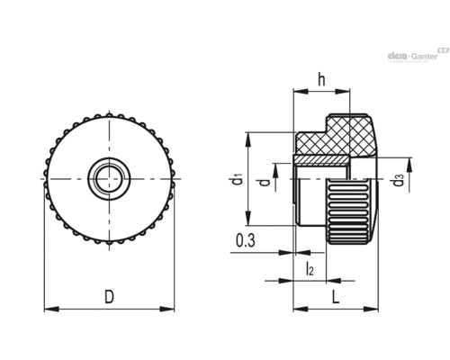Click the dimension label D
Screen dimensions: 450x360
pyautogui.click(x=109, y=297)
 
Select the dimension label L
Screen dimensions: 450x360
pyautogui.click(x=336, y=297)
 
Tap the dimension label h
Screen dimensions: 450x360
pyautogui.click(x=321, y=79)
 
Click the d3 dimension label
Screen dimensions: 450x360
pyautogui.click(x=399, y=180)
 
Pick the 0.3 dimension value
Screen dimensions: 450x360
pyautogui.click(x=246, y=240)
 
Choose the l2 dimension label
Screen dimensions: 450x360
pyautogui.click(x=310, y=268)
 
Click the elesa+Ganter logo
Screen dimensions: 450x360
pyautogui.click(x=418, y=55)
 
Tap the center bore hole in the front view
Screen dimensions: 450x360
pyautogui.click(x=109, y=179)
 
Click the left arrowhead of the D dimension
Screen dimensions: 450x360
pyautogui.click(x=51, y=309)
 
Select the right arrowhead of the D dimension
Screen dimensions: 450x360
pyautogui.click(x=166, y=309)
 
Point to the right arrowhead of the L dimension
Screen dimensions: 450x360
pyautogui.click(x=371, y=309)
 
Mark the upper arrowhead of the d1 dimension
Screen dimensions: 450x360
pyautogui.click(x=248, y=139)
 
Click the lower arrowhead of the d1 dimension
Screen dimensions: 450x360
pyautogui.click(x=248, y=218)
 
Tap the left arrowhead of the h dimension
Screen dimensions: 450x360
pyautogui.click(x=301, y=91)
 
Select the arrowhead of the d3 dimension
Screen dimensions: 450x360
pyautogui.click(x=409, y=166)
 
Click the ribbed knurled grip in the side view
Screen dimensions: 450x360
pyautogui.click(x=350, y=211)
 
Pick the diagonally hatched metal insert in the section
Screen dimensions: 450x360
pyautogui.click(x=321, y=160)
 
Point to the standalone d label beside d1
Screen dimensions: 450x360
pyautogui.click(x=265, y=182)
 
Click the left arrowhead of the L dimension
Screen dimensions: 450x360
pyautogui.click(x=301, y=309)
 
